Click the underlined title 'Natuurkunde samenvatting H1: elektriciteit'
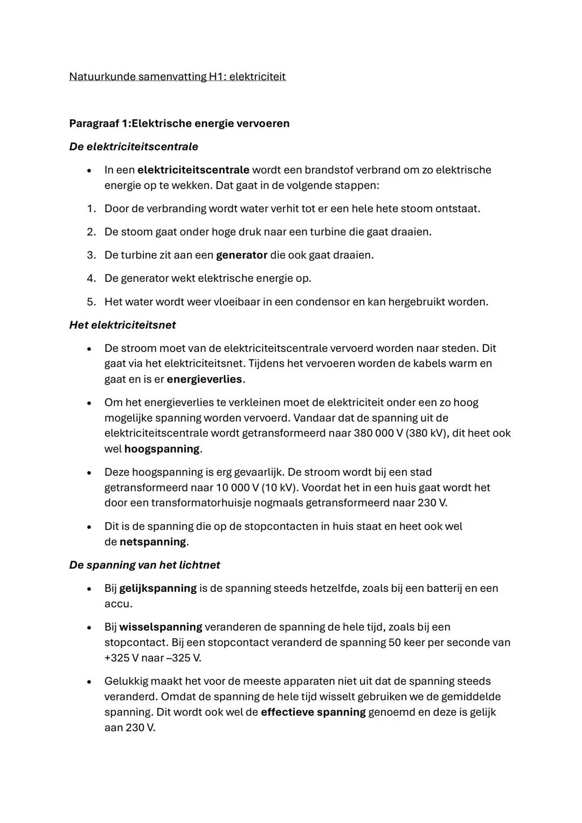[177, 77]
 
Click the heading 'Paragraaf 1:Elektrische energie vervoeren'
[179, 123]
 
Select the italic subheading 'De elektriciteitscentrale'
[134, 147]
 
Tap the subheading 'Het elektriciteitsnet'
[122, 325]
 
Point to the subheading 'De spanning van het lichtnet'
[144, 565]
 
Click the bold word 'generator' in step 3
[241, 255]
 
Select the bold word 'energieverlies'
[204, 379]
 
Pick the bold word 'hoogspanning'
[162, 449]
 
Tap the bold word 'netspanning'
[153, 542]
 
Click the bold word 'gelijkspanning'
[158, 588]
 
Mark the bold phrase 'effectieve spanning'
[313, 712]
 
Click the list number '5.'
[91, 302]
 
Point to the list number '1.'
[91, 209]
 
